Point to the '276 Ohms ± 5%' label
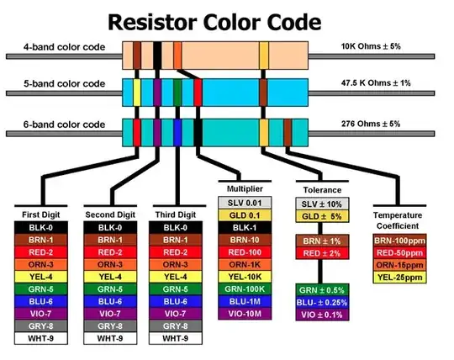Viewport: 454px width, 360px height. pos(376,124)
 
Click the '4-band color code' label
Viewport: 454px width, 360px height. pos(63,47)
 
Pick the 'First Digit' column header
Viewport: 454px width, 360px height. pos(40,214)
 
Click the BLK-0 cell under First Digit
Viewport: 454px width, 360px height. pos(40,227)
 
